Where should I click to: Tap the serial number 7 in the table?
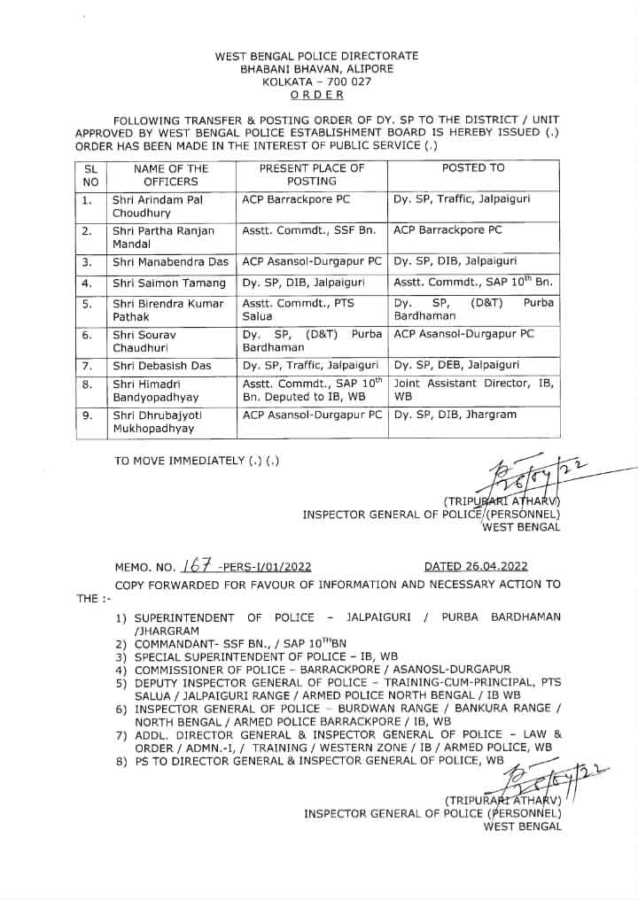(x=87, y=365)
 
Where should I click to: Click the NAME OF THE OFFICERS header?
(x=171, y=175)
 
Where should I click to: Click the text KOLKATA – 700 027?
(x=316, y=81)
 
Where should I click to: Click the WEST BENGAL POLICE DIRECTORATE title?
(x=316, y=56)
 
